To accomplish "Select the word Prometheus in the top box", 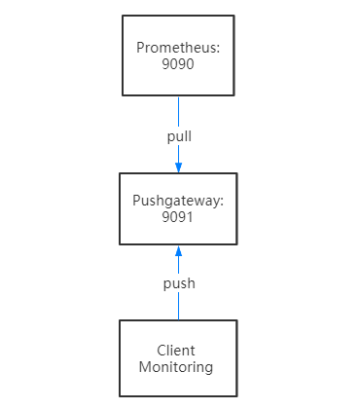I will [178, 47].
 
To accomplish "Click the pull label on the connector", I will [178, 135].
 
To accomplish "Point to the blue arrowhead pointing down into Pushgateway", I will [178, 167].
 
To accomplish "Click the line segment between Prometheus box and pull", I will [178, 111].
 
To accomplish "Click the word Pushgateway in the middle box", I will [178, 202].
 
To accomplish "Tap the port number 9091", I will [178, 217].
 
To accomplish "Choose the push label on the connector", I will [178, 283].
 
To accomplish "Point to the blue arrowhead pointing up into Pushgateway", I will [178, 251].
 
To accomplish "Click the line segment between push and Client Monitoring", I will [178, 307].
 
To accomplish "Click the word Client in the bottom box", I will [176, 351].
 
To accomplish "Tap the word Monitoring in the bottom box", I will [176, 367].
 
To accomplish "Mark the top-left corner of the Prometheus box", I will [123, 16].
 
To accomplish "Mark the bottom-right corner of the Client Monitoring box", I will [234, 396].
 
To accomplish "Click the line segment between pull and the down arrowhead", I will [178, 153].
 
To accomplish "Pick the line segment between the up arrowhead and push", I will [178, 266].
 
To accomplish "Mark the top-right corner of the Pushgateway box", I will [234, 173].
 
